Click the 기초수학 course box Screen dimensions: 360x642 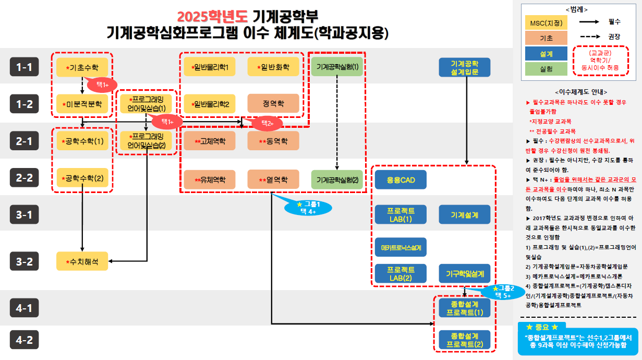82,67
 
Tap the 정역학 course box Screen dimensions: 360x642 273,103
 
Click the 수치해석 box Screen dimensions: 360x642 82,261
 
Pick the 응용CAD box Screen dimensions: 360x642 401,179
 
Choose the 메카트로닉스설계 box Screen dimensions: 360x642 401,247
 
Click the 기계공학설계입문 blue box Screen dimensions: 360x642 465,67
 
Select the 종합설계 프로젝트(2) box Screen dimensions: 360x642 465,340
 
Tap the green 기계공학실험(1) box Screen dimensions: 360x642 337,67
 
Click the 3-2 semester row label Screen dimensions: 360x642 25,261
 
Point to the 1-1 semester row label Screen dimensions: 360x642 25,67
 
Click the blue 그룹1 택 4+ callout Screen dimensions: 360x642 308,207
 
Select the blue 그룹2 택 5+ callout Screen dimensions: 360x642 503,292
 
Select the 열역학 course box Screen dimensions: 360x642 273,179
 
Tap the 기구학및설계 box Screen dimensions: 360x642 465,273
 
